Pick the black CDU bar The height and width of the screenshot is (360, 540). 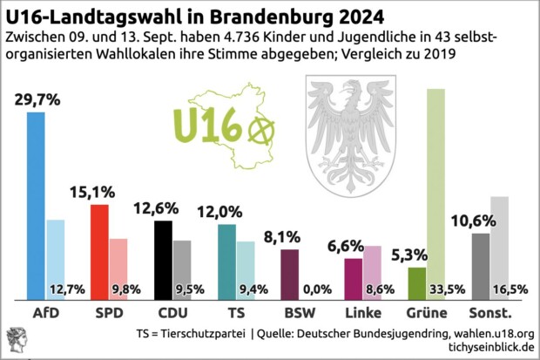pos(163,258)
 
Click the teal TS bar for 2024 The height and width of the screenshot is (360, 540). pos(226,260)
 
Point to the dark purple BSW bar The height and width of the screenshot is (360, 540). pos(290,274)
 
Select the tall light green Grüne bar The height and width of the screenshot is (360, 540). pos(437,174)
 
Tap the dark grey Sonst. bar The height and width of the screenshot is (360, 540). pos(481,265)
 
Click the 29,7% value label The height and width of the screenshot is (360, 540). pos(37,99)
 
